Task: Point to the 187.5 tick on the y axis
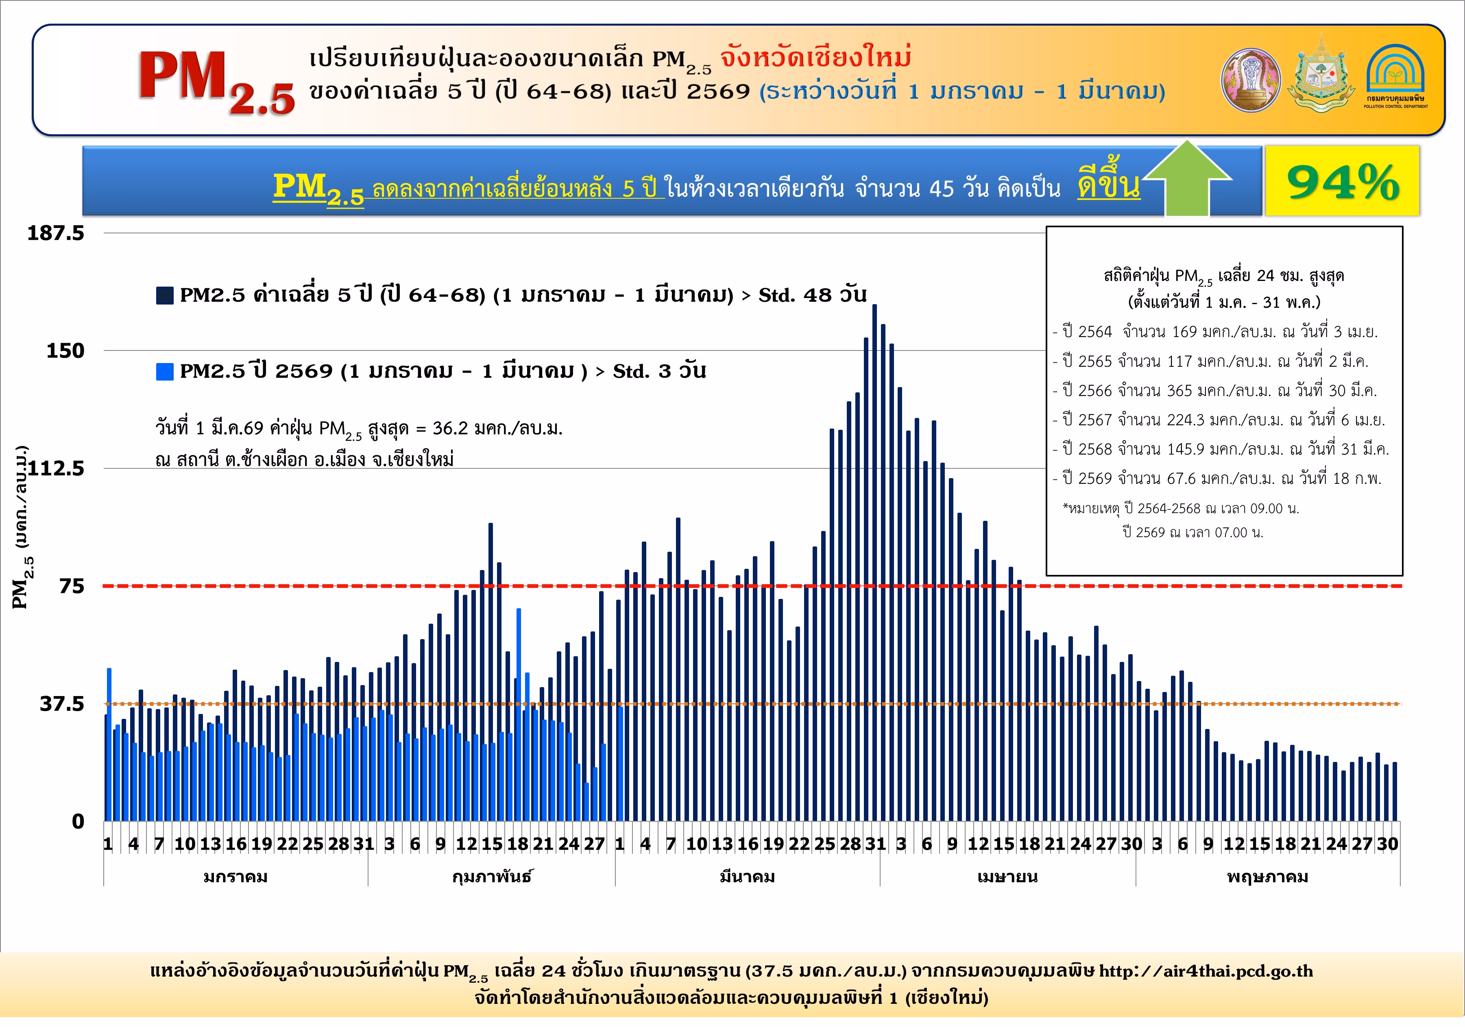tap(56, 233)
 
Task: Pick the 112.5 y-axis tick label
tap(56, 469)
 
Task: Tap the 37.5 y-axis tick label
tap(62, 704)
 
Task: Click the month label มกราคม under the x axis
tap(235, 877)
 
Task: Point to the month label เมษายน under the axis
tap(1007, 877)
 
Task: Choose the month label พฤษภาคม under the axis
tap(1267, 877)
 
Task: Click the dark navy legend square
tap(165, 295)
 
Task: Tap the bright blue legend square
tap(165, 371)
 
